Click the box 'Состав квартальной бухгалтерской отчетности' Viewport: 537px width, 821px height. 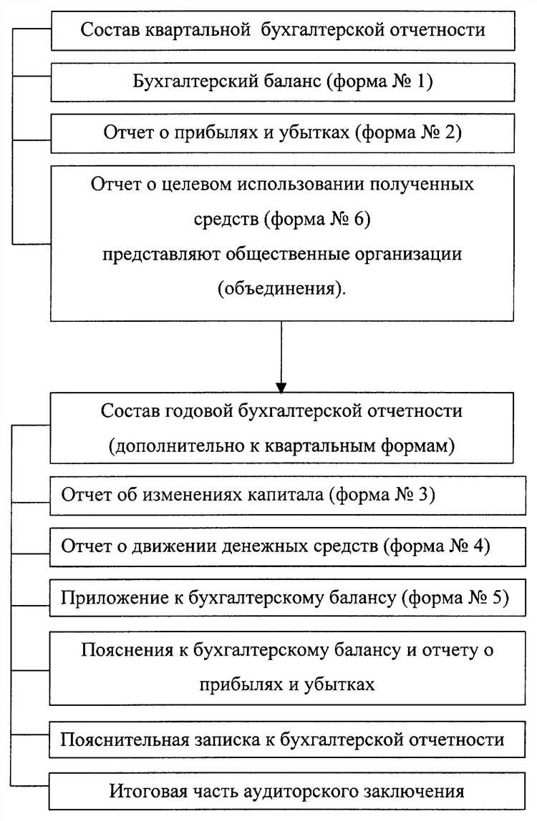pos(282,31)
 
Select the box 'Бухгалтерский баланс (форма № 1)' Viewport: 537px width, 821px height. pos(282,82)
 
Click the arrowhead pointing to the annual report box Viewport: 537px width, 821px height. pos(281,386)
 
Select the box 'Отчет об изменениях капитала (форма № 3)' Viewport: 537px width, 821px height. pos(282,495)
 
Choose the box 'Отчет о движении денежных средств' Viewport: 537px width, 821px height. pos(282,546)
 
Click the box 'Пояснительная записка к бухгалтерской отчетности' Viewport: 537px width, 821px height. pos(282,739)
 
